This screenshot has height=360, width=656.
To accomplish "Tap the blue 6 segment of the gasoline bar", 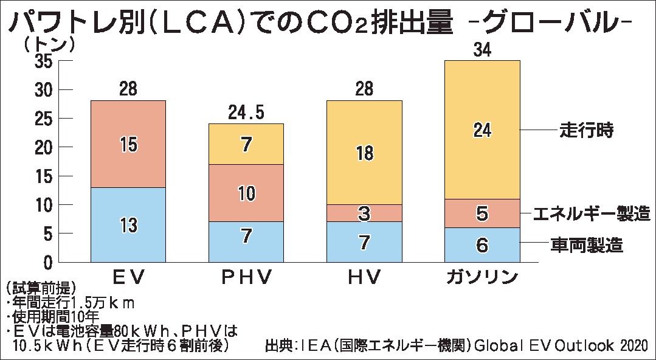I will pyautogui.click(x=482, y=245).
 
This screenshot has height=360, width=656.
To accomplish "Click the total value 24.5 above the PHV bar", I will pyautogui.click(x=246, y=112).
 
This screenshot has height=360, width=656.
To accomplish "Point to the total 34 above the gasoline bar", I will pyautogui.click(x=482, y=50).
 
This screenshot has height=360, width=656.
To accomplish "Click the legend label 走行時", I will pyautogui.click(x=587, y=130).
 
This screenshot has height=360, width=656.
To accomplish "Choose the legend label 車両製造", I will pyautogui.click(x=587, y=245).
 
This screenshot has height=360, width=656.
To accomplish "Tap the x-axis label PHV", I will pyautogui.click(x=246, y=277).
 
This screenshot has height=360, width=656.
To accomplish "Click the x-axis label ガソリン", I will pyautogui.click(x=482, y=277).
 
